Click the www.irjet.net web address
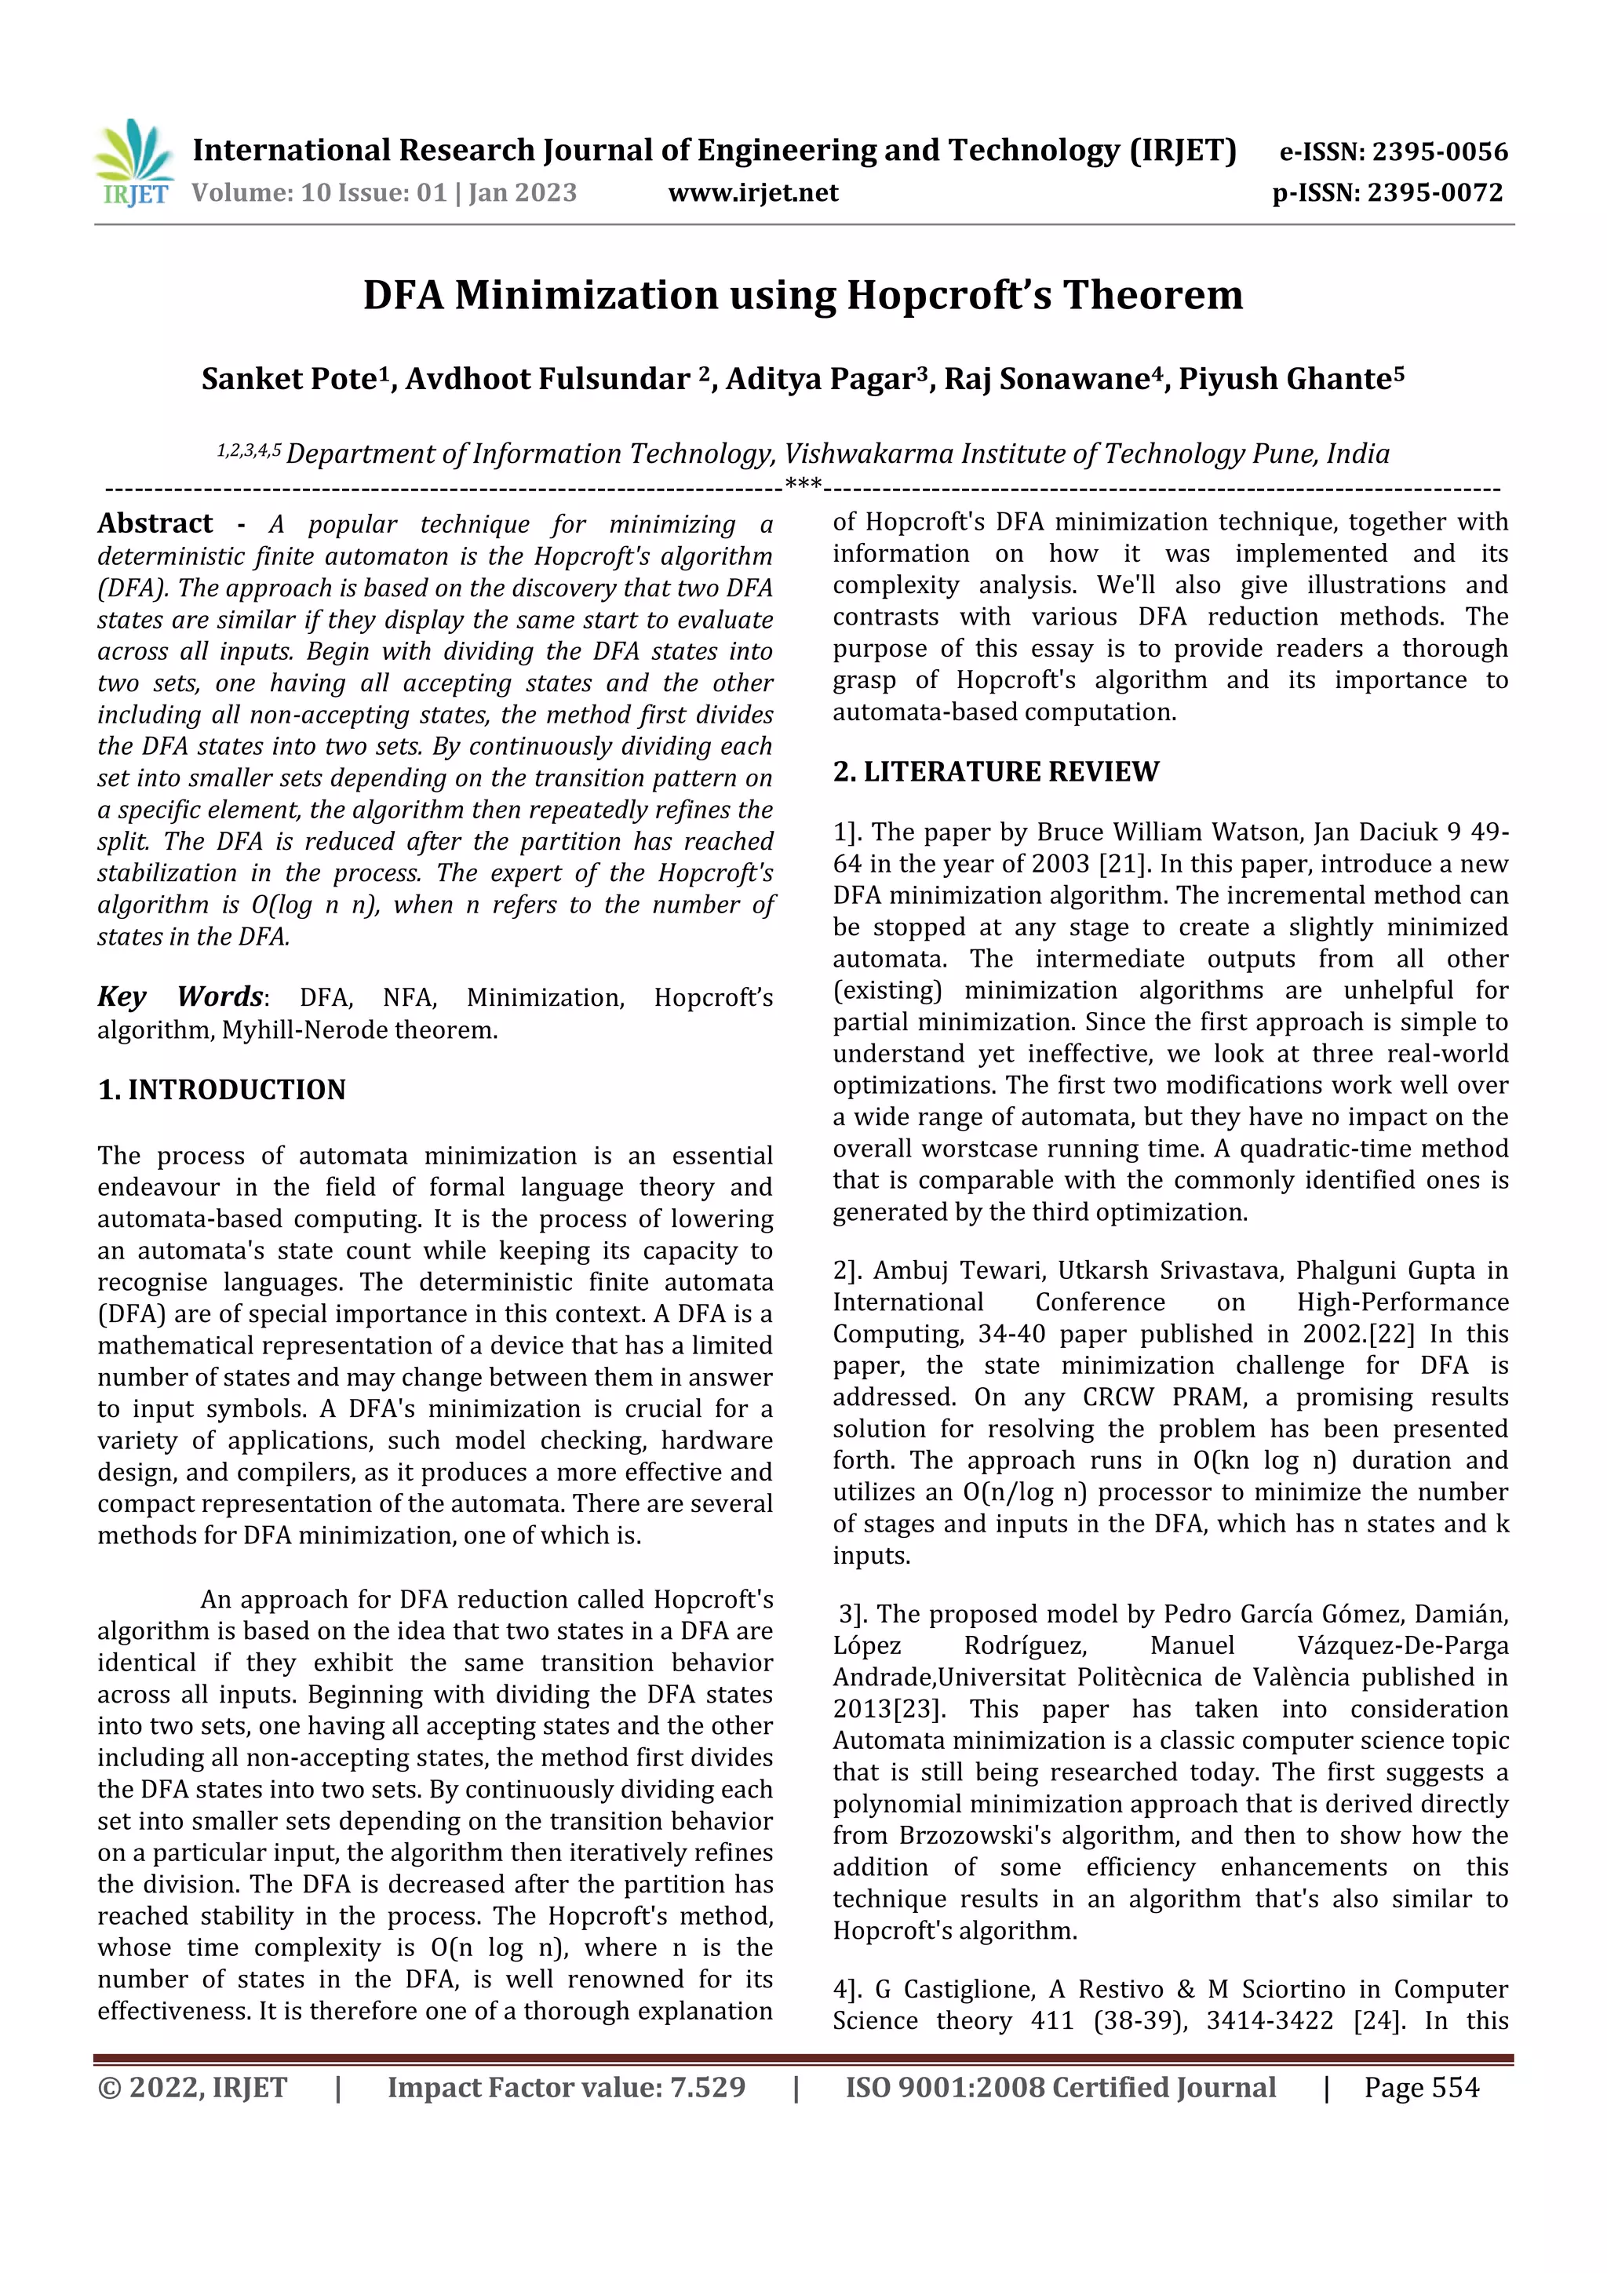point(752,192)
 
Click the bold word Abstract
point(155,523)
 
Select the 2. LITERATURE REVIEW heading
point(995,771)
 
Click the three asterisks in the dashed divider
point(802,485)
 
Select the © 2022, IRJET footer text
point(192,2088)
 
